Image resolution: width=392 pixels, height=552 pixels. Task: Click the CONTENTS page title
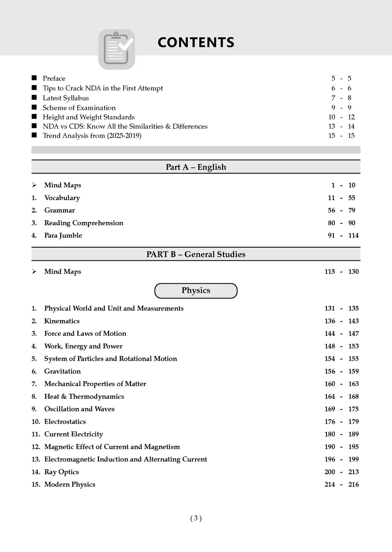(x=196, y=43)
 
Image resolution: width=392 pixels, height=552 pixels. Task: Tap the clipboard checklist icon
(x=117, y=49)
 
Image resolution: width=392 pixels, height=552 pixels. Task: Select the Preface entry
(x=54, y=79)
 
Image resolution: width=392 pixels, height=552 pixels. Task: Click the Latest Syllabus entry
(x=66, y=98)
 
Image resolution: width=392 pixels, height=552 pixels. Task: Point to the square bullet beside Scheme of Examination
(x=34, y=107)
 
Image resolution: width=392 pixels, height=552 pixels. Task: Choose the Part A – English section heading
(x=196, y=167)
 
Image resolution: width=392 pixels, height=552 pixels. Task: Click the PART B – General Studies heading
(x=196, y=255)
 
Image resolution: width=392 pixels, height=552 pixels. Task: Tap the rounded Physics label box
(x=196, y=291)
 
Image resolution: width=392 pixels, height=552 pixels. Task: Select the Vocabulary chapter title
(x=62, y=198)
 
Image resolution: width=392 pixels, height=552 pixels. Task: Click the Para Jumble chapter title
(x=63, y=235)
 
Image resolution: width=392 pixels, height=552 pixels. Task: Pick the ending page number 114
(x=353, y=235)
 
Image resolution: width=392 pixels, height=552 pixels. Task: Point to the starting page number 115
(x=330, y=272)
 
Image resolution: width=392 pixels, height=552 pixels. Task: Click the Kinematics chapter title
(x=62, y=321)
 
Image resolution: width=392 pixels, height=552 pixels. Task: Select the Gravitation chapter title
(x=62, y=371)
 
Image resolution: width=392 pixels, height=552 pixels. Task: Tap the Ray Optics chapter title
(x=62, y=472)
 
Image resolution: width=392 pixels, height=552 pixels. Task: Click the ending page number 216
(x=353, y=485)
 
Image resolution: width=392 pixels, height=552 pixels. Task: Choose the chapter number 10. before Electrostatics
(x=36, y=422)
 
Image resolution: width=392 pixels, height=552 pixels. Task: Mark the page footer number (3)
(x=196, y=519)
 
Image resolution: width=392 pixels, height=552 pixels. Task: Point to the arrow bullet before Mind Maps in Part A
(x=34, y=186)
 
